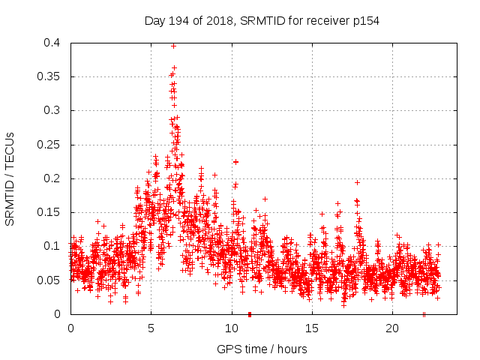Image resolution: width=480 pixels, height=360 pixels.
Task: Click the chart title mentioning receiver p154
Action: click(x=262, y=20)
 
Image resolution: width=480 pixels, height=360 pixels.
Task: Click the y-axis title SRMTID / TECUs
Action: click(x=10, y=178)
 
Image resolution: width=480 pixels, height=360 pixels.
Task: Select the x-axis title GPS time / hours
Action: click(x=262, y=349)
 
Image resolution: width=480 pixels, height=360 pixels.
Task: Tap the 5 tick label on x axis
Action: click(x=151, y=328)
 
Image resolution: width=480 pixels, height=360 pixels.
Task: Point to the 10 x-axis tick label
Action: click(x=232, y=328)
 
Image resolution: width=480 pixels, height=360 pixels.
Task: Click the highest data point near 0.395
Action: click(x=173, y=46)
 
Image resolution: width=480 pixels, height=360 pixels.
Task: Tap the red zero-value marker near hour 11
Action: click(x=250, y=313)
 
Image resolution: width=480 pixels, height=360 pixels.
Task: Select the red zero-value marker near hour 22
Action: click(x=424, y=313)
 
